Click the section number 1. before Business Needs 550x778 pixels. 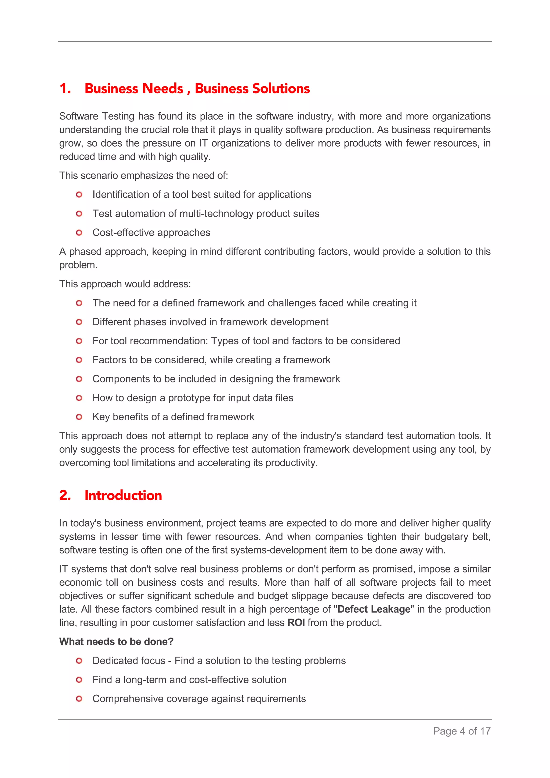pos(65,89)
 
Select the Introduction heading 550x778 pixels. pos(123,495)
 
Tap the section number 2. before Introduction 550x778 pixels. pos(65,495)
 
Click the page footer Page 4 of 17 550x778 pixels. pos(462,731)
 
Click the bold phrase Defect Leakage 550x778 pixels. pos(374,609)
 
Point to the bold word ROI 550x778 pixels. pos(296,623)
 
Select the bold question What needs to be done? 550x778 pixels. pos(116,642)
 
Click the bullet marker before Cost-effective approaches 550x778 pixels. pos(79,233)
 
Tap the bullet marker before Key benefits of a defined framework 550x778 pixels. pos(79,417)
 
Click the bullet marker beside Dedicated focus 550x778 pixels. pos(79,661)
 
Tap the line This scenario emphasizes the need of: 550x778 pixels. pos(144,176)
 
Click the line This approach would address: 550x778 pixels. pos(125,284)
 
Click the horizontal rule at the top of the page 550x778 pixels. pos(275,41)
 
